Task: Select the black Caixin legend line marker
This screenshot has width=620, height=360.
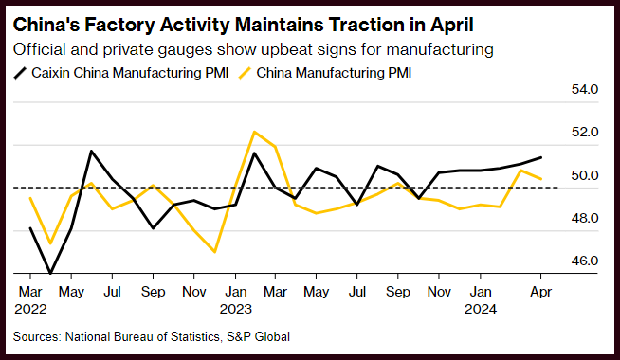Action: coord(20,73)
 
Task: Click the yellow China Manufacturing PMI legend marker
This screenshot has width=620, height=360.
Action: coord(245,73)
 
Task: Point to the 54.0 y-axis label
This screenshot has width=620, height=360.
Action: coord(585,89)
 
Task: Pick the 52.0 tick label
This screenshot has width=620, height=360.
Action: coord(585,132)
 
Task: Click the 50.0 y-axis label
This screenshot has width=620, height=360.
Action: coord(585,175)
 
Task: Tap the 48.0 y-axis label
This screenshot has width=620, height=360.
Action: coord(585,218)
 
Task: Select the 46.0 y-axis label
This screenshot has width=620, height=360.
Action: coord(585,261)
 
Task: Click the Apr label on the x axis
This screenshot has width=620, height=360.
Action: coord(540,293)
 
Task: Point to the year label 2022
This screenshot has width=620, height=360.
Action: coord(30,309)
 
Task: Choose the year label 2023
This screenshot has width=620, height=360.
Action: coord(236,309)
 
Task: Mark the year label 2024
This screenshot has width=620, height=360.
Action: coord(481,309)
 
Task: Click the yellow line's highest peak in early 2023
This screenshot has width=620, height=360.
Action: coord(255,132)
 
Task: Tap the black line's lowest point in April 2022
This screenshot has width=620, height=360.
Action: coord(50,273)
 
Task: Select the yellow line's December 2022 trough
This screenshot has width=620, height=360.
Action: coord(214,252)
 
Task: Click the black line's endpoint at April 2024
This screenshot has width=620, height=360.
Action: coord(541,157)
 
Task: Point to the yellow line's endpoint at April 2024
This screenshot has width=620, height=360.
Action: coord(541,179)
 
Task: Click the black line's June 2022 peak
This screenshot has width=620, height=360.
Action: coord(91,151)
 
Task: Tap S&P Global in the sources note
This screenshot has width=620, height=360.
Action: coord(258,336)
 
